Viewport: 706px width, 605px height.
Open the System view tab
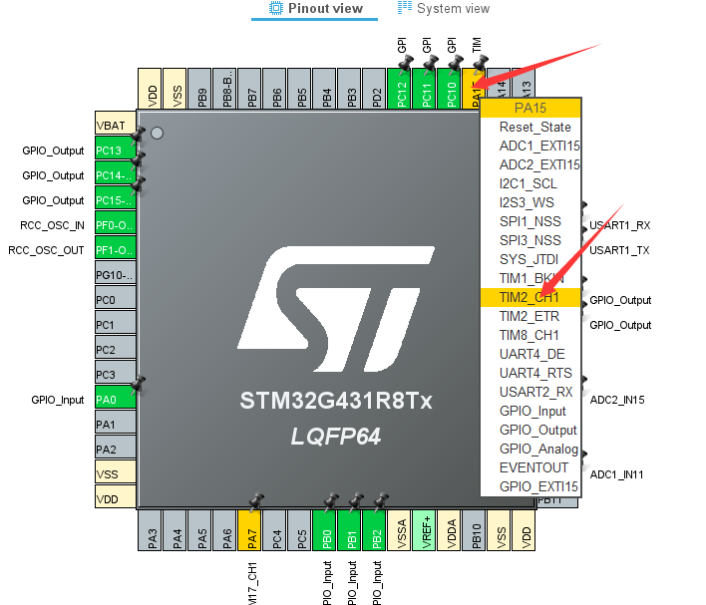coord(444,9)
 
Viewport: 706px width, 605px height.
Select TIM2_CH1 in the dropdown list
coord(529,297)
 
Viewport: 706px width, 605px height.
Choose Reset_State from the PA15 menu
coord(534,127)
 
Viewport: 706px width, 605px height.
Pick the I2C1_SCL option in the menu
coord(529,183)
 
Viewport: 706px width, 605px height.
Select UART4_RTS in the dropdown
coord(534,373)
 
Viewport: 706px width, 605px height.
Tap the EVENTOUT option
coord(533,467)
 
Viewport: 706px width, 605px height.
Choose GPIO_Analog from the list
coord(538,449)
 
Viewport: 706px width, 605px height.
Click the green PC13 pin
coord(114,151)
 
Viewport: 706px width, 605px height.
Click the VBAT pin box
coord(114,126)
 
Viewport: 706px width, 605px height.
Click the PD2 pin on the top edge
coord(376,95)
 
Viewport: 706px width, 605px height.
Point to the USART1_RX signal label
coord(619,225)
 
